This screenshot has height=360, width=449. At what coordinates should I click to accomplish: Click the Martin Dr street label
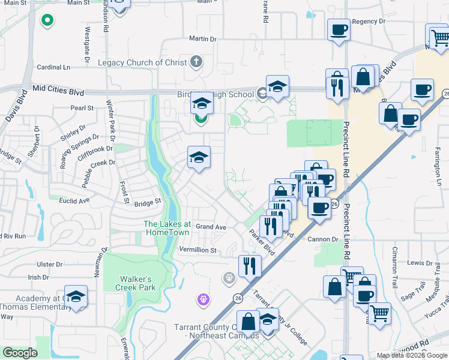202,38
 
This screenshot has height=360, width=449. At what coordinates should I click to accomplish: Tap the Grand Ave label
211,227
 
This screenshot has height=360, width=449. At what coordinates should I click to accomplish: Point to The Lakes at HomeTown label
167,228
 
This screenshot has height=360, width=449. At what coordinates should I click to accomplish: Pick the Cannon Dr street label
326,239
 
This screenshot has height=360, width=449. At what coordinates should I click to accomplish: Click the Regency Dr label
369,21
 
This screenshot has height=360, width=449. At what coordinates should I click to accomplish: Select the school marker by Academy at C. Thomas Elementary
76,297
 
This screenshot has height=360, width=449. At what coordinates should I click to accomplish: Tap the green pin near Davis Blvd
47,21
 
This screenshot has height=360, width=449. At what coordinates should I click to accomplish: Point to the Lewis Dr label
420,263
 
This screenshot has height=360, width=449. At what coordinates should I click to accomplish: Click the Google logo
20,353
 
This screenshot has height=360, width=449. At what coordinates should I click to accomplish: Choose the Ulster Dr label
49,264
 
